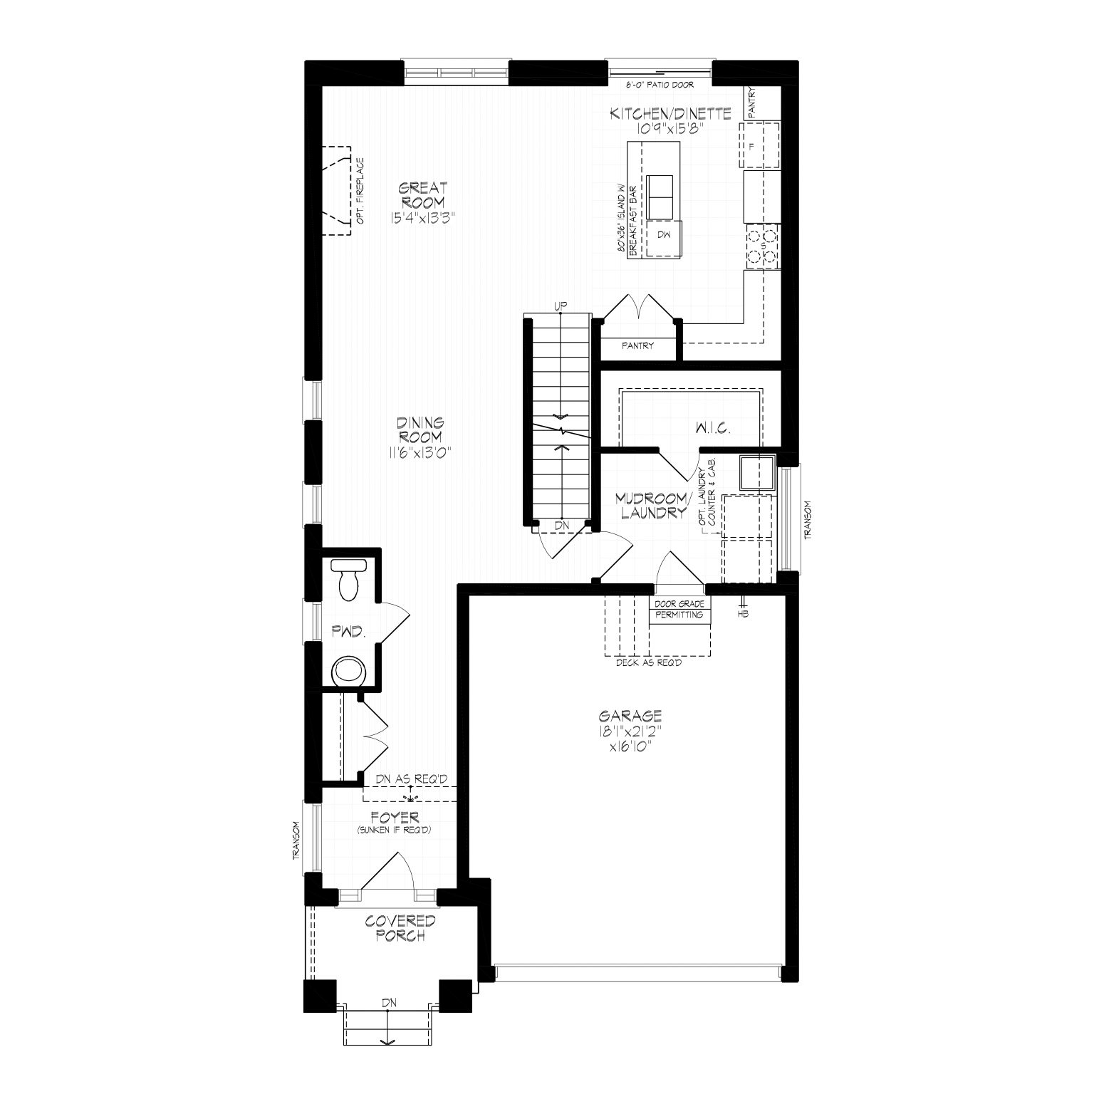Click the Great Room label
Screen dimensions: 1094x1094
point(422,194)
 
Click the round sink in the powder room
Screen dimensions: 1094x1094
point(349,670)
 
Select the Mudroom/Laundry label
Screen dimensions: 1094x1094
point(652,505)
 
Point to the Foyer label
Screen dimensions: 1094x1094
point(395,818)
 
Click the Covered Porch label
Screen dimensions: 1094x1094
point(400,928)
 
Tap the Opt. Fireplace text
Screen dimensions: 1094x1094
point(360,191)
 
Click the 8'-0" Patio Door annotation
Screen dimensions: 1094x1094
point(659,85)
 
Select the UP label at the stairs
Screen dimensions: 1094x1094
point(561,306)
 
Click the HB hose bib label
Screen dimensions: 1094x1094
point(744,614)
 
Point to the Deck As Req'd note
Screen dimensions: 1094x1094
point(649,662)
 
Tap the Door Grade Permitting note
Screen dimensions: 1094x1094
point(679,609)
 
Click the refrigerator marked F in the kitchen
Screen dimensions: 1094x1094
point(761,146)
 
